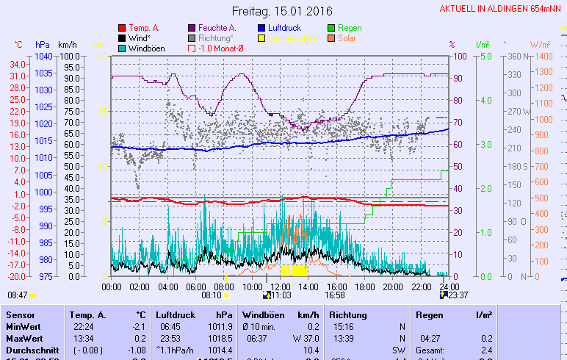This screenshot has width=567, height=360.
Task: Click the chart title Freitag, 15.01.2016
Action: coord(282,12)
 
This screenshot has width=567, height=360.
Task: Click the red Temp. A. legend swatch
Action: coord(122,28)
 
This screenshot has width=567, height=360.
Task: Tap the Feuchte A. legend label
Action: coord(221,28)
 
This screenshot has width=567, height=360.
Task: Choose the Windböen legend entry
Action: coord(146,48)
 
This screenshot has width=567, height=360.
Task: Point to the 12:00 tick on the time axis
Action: coord(280,287)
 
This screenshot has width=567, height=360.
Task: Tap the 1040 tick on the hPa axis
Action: coord(43,56)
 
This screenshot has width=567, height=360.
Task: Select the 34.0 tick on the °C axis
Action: coord(18,64)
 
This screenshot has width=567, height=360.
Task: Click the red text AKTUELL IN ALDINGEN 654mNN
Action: coord(501,9)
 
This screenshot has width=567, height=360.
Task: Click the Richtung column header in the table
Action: coord(348,314)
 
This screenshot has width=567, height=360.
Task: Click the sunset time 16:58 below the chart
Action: coord(335,295)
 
